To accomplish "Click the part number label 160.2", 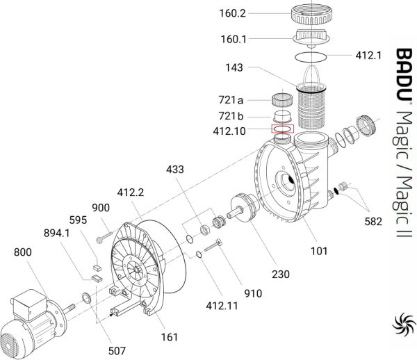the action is [232, 13].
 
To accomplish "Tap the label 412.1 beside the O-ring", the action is [368, 56].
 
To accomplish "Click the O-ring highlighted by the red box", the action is [282, 129].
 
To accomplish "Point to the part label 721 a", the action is [231, 100].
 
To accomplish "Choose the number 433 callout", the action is [175, 170].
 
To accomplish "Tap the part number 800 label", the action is [23, 252].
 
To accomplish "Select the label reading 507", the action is [117, 351].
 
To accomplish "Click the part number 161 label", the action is [170, 337].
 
